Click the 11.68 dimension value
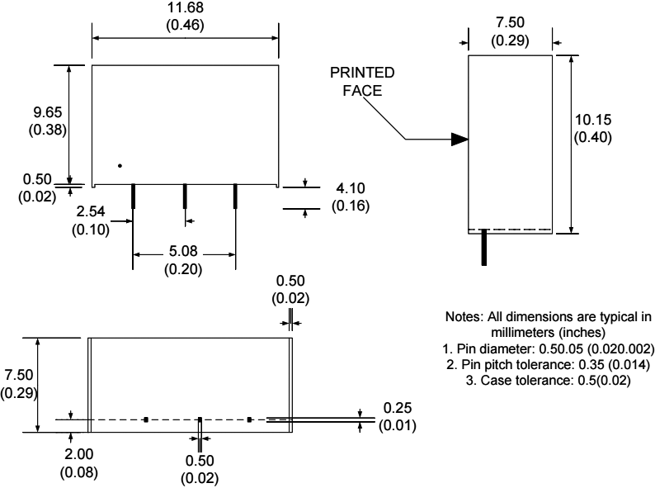tap(185, 8)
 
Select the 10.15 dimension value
tap(593, 120)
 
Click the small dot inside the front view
tap(120, 166)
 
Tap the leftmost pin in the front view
tap(134, 197)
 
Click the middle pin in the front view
tap(185, 197)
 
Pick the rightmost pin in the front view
tap(235, 197)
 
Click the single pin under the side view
tap(484, 249)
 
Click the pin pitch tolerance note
tap(536, 365)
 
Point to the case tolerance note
tap(536, 380)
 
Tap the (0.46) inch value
tap(185, 24)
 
